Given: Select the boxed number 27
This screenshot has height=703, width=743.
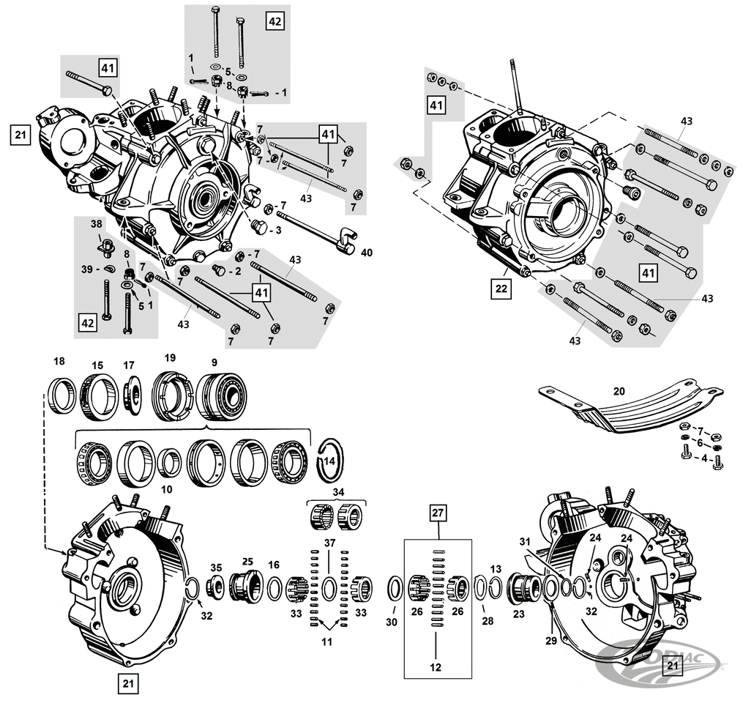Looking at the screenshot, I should tap(437, 513).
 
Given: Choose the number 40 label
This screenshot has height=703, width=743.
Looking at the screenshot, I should tap(366, 253).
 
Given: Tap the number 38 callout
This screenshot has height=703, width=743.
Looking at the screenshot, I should tap(97, 224).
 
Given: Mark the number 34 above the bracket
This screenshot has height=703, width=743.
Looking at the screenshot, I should tap(337, 491).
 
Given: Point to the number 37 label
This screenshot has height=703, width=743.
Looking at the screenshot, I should tap(329, 542).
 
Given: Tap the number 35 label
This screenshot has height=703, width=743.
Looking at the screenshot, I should tap(215, 567).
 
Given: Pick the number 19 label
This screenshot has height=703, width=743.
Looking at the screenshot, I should tap(170, 358).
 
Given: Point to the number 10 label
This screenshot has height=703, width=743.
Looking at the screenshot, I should tap(166, 489).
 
